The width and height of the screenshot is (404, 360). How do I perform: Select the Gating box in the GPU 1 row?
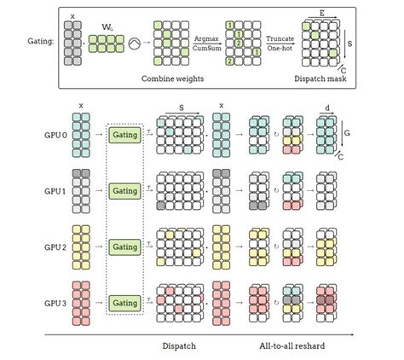[125, 191]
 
